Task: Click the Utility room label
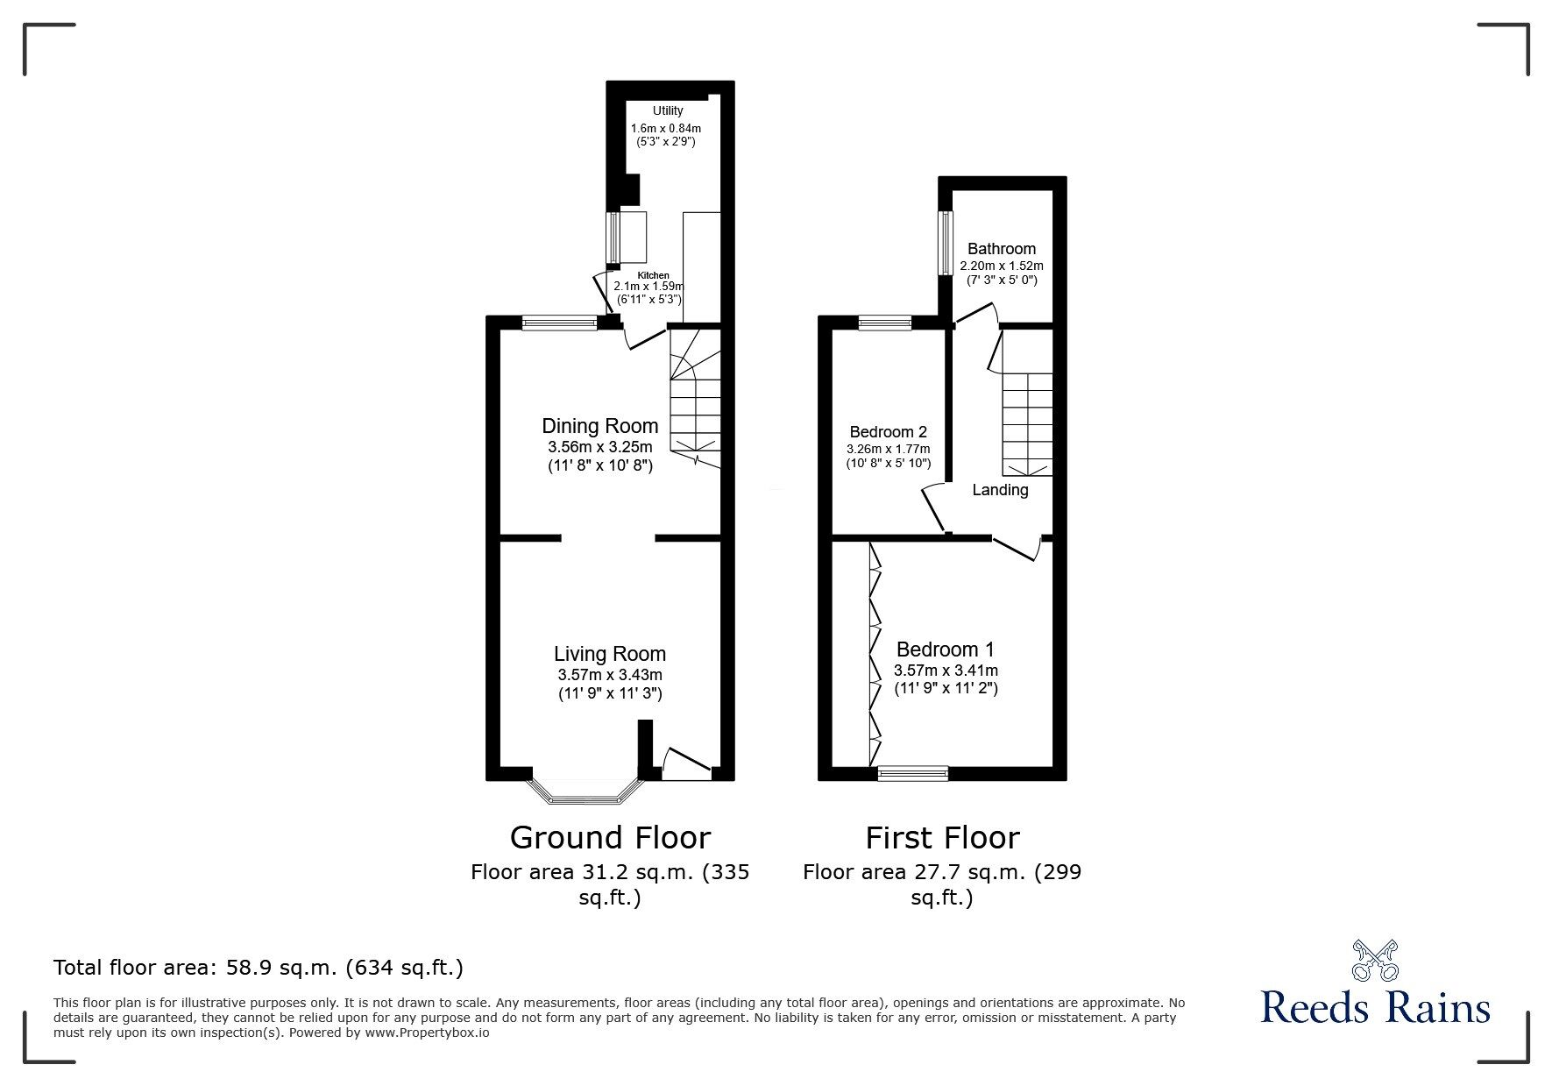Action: [668, 110]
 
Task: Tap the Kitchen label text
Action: [653, 275]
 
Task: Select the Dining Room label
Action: [600, 426]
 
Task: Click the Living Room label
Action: [610, 654]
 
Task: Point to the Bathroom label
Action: [1002, 249]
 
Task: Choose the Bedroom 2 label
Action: [889, 432]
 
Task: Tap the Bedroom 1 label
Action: [946, 649]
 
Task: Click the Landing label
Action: [1000, 490]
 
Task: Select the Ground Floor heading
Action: [610, 838]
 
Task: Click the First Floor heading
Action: [943, 838]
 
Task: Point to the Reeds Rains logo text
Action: [1376, 1007]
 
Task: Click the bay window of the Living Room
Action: [585, 791]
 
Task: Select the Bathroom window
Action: [946, 243]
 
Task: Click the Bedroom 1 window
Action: [913, 773]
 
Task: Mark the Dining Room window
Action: [558, 323]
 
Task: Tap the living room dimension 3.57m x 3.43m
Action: [610, 675]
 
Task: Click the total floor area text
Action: [259, 968]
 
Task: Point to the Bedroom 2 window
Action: [884, 323]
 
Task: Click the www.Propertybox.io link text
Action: [427, 1033]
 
